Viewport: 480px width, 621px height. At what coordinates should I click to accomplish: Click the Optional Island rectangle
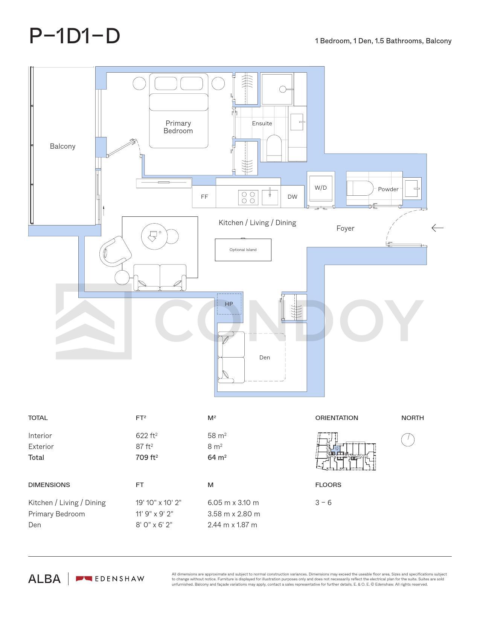[x=243, y=250]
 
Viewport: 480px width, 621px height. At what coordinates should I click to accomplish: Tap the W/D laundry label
[x=320, y=188]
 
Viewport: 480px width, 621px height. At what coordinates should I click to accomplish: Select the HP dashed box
[x=229, y=304]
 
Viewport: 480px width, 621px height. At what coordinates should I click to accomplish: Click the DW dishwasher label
[x=292, y=196]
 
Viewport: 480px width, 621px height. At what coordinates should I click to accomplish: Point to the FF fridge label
[x=204, y=196]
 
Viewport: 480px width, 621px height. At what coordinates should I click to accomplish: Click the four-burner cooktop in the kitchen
[x=248, y=198]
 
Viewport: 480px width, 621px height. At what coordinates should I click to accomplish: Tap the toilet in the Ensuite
[x=274, y=148]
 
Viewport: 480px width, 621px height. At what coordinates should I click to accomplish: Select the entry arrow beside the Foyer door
[x=437, y=228]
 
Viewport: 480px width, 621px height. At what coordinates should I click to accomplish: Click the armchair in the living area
[x=115, y=251]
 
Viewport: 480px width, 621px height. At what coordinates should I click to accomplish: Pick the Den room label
[x=264, y=357]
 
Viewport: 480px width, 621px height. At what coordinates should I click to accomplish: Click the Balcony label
[x=62, y=146]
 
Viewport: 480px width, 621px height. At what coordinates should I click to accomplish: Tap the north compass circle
[x=408, y=440]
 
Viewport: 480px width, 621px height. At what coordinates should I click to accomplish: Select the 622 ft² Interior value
[x=147, y=435]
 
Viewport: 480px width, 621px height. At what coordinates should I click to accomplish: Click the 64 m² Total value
[x=217, y=457]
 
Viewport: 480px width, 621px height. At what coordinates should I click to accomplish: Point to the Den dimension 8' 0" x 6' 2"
[x=154, y=525]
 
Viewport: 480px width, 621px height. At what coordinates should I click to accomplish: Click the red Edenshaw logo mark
[x=84, y=579]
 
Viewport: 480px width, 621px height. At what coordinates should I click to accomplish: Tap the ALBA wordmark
[x=44, y=579]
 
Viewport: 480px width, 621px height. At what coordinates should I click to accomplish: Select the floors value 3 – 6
[x=323, y=503]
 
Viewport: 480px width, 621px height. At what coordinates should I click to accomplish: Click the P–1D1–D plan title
[x=75, y=36]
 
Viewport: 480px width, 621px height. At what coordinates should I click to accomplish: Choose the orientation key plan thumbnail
[x=346, y=451]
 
